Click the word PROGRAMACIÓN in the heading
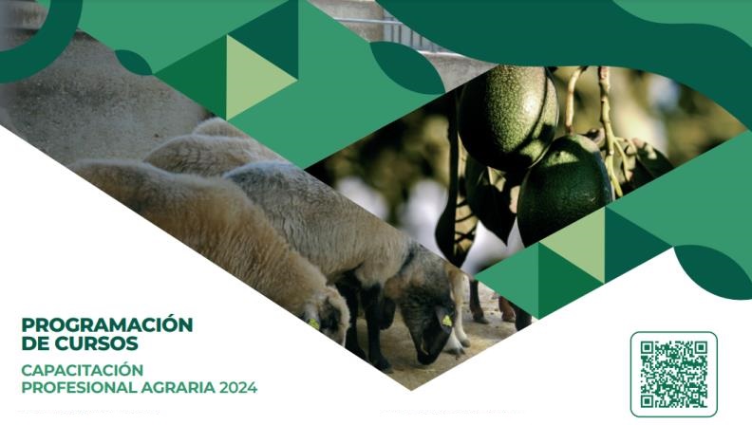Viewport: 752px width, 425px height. (x=107, y=324)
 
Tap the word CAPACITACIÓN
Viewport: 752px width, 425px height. (x=83, y=370)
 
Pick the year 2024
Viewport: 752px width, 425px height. (x=238, y=387)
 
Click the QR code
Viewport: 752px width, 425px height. (x=674, y=374)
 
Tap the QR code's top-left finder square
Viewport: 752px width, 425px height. (x=648, y=348)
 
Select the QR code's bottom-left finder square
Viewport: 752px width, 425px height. (x=648, y=400)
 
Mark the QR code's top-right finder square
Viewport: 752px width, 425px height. (x=701, y=348)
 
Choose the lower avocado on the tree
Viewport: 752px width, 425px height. (x=565, y=191)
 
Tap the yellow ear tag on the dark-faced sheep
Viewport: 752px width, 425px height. (x=446, y=320)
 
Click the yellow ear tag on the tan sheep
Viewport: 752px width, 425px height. (x=313, y=323)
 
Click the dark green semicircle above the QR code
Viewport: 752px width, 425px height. (x=713, y=271)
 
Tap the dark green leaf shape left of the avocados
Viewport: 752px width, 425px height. (x=406, y=66)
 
